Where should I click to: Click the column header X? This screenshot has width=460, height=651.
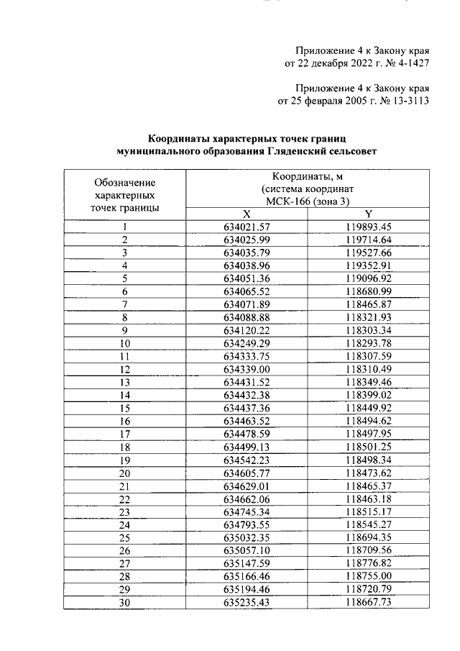coord(247,214)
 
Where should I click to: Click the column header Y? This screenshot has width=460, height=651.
coord(368,214)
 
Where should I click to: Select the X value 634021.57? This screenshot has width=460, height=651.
coord(247,227)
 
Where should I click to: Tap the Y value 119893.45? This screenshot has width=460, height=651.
coord(368,227)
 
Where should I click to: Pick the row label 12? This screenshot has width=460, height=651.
coord(124,369)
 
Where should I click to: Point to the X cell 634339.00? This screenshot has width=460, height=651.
coord(247,369)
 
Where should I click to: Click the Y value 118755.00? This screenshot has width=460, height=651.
coord(368,577)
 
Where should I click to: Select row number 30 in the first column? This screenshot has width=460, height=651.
coord(124,603)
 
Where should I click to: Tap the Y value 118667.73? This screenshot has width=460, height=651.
coord(368,603)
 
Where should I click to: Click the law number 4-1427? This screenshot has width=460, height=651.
coord(410,63)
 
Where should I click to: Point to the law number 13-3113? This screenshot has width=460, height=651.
coord(405,101)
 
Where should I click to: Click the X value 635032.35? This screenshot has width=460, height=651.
coord(247,538)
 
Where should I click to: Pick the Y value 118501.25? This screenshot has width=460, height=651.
coord(368,447)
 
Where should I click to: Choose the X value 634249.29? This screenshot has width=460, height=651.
coord(247,343)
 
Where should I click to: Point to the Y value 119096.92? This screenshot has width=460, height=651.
coord(368,278)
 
